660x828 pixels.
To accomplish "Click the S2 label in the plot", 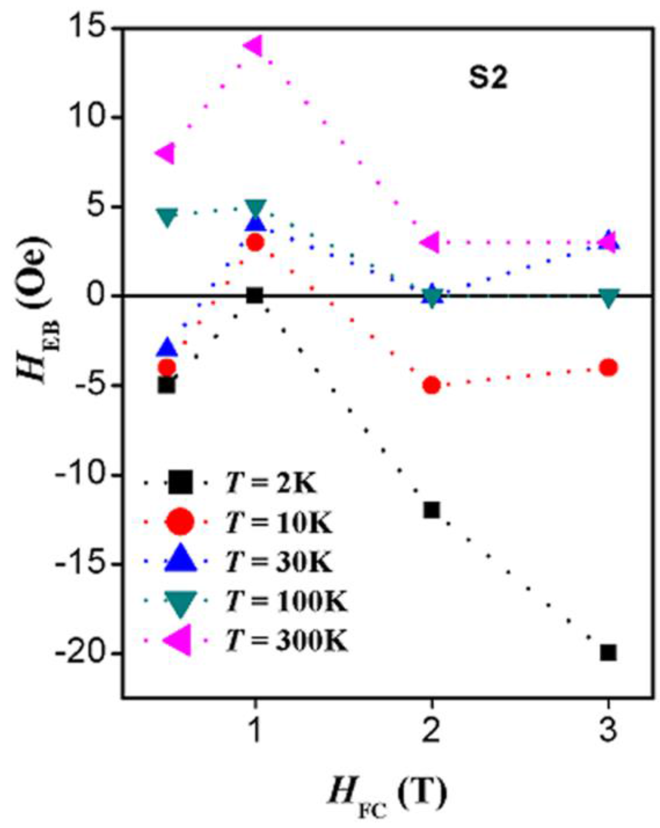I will pyautogui.click(x=488, y=79).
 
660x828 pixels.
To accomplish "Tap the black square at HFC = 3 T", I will pyautogui.click(x=608, y=653).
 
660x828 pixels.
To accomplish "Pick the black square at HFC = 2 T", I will pyautogui.click(x=431, y=510).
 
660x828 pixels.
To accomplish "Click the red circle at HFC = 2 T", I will pyautogui.click(x=431, y=385).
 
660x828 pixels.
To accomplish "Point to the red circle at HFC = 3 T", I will pyautogui.click(x=608, y=367).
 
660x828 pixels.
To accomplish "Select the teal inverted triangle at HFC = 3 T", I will pyautogui.click(x=608, y=297).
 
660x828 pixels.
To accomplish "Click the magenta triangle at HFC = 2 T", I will pyautogui.click(x=430, y=242).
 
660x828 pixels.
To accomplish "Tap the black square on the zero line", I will pyautogui.click(x=254, y=295).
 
